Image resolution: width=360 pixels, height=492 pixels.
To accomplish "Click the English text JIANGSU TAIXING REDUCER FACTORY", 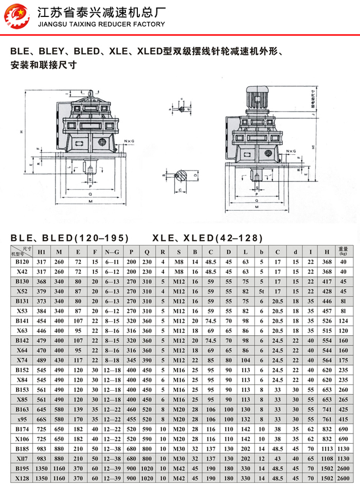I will point(102,24).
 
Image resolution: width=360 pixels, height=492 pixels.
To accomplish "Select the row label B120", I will point(22,262).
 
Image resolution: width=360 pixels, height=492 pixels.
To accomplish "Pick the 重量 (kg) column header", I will point(344,251).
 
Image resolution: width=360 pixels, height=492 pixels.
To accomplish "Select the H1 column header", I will point(42,252).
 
